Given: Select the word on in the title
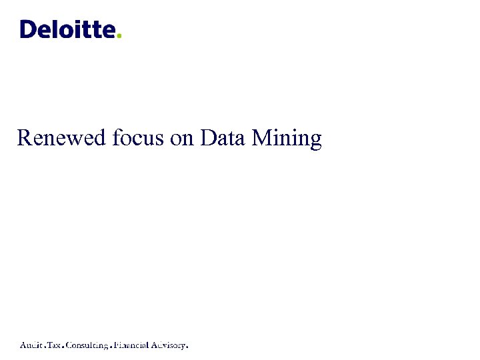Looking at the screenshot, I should pyautogui.click(x=183, y=138).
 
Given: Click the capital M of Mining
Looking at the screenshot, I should pyautogui.click(x=263, y=138).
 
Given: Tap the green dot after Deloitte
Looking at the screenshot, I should pyautogui.click(x=119, y=36).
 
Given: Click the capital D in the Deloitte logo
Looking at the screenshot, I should pyautogui.click(x=29, y=29).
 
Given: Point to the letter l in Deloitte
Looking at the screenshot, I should pyautogui.click(x=56, y=29).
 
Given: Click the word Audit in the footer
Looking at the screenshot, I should pyautogui.click(x=31, y=345).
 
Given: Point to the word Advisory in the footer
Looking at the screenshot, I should pyautogui.click(x=169, y=346).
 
